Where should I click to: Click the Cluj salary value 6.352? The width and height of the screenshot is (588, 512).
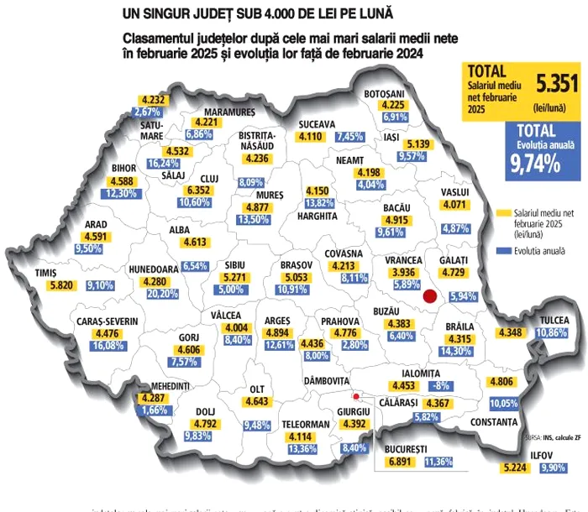197,190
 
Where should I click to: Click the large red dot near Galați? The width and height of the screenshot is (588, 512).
431,295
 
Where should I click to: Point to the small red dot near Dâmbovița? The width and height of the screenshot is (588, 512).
355,397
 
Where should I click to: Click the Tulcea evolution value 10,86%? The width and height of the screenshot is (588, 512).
553,333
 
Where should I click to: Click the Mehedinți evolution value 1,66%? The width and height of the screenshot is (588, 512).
154,410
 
